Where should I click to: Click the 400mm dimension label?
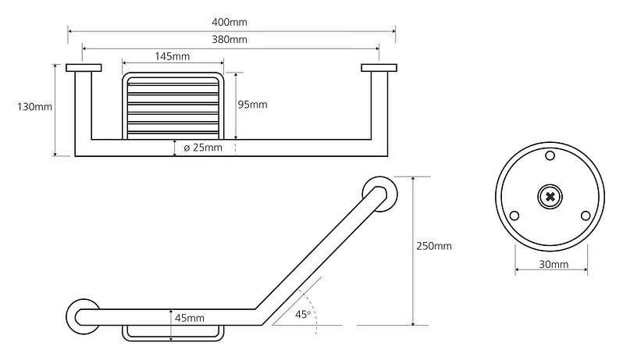[x=230, y=22]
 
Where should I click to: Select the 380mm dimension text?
[x=230, y=39]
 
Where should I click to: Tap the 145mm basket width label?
[x=172, y=56]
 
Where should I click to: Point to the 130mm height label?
[x=34, y=106]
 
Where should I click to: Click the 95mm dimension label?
[x=252, y=105]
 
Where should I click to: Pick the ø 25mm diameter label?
[x=203, y=148]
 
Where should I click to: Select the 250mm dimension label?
[x=434, y=246]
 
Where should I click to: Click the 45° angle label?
[x=303, y=314]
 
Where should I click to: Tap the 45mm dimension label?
[x=190, y=318]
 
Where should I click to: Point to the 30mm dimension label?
[x=554, y=264]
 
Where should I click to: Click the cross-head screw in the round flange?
[x=550, y=196]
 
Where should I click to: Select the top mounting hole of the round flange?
[x=550, y=155]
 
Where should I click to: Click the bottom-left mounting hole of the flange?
[x=514, y=216]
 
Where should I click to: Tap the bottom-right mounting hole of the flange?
[x=586, y=216]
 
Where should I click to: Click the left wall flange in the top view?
[x=84, y=68]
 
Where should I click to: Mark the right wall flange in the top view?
[x=379, y=68]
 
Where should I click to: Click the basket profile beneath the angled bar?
[x=173, y=340]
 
